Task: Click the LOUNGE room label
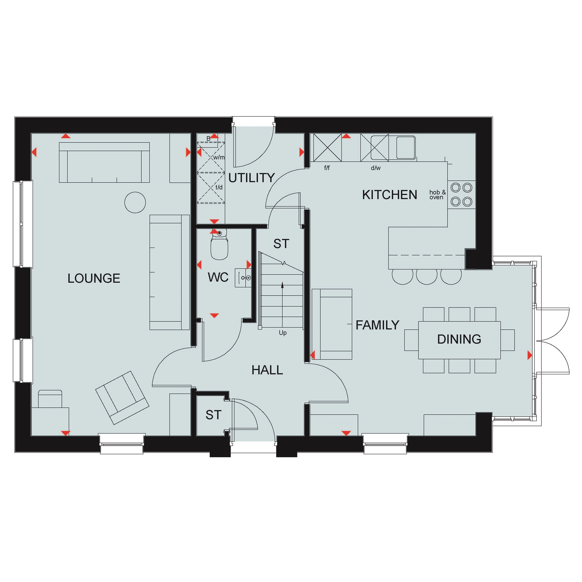94,278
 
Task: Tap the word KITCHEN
390,195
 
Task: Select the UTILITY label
252,178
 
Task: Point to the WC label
218,277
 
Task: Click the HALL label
267,370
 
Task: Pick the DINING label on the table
459,339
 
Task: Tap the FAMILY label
377,325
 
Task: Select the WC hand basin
243,278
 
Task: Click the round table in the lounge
135,203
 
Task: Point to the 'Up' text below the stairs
282,333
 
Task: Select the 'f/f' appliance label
327,168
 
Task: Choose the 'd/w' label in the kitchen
376,168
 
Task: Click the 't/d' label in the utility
219,187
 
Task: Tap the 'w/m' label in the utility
219,157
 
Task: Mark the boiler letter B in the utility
209,139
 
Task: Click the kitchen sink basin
406,148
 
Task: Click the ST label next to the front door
214,415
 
